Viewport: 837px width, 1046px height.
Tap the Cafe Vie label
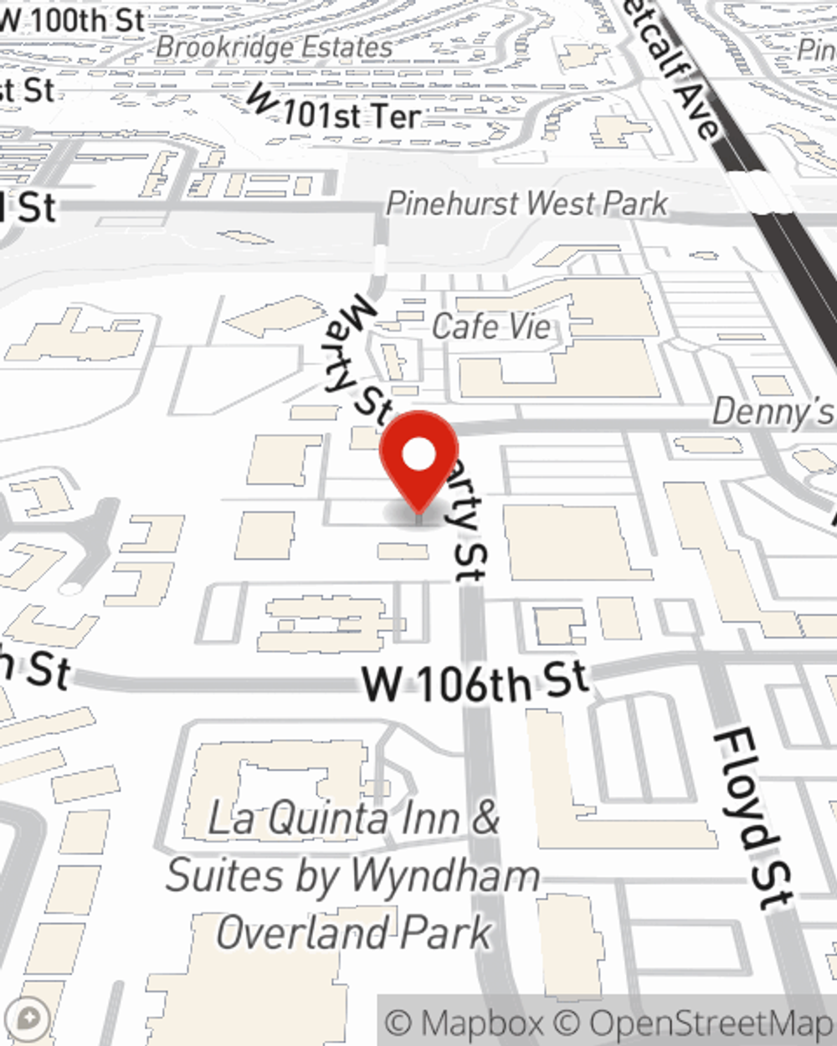[491, 326]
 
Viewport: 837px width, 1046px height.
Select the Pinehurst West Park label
[527, 203]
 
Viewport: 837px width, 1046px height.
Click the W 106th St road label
[475, 682]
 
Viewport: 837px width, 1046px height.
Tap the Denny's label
[772, 412]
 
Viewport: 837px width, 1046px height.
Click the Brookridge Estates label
[274, 48]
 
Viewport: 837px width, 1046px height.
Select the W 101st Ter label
[335, 111]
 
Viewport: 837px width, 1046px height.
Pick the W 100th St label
[74, 21]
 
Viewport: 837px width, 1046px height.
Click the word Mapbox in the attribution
[480, 1023]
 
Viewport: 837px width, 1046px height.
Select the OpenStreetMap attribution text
[711, 1023]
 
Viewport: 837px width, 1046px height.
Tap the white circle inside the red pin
[418, 455]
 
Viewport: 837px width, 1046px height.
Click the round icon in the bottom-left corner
[28, 1019]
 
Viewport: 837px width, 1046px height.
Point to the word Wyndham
[445, 876]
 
